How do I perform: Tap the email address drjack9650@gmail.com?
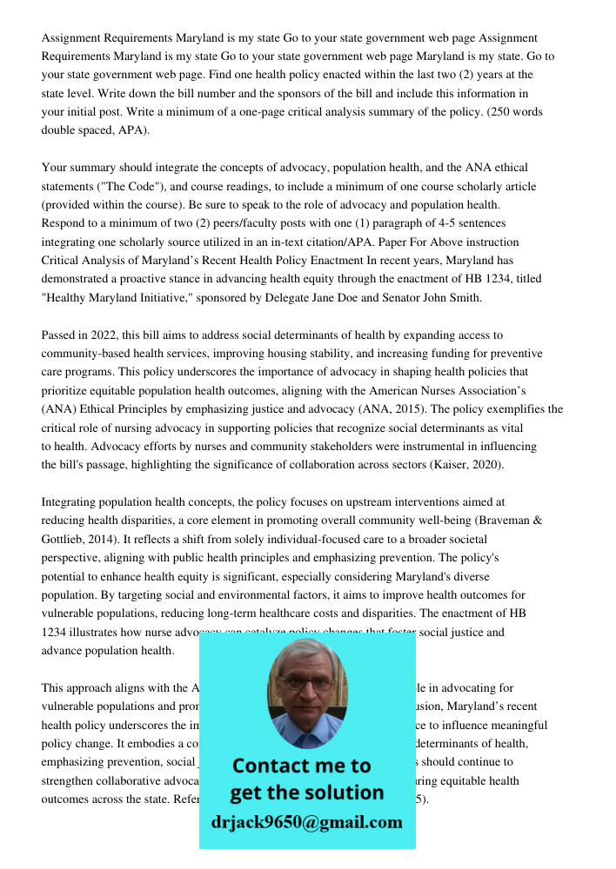(306, 822)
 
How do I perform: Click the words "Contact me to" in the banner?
(301, 766)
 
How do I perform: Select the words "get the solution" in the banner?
(306, 793)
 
